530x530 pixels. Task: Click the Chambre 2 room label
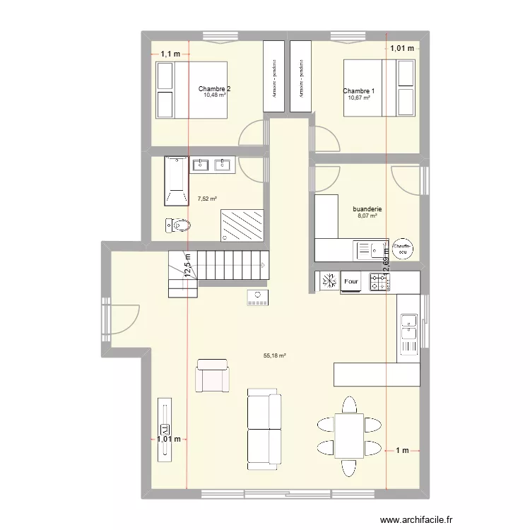pos(214,89)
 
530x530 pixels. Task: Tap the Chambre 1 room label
pos(359,91)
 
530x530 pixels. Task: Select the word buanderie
pos(367,209)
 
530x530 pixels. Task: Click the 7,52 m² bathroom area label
pos(207,199)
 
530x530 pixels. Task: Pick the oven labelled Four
pos(351,282)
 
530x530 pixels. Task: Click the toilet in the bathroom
pos(179,225)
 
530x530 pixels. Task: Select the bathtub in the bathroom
pos(176,181)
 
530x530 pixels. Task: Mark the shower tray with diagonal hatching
pos(242,225)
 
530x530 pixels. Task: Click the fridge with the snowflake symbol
pos(328,282)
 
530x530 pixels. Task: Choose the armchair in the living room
pos(213,375)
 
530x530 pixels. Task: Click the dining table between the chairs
pos(348,437)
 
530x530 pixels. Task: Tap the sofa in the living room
pos(264,429)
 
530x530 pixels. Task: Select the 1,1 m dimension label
pos(170,54)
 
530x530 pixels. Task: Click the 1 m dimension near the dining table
pos(402,449)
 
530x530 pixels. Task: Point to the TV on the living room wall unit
pos(166,429)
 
